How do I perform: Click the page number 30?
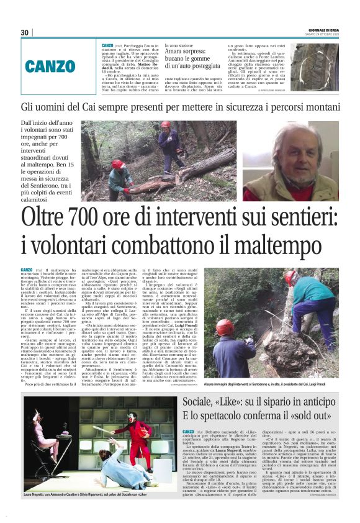(24, 33)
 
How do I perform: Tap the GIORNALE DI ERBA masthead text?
(323, 30)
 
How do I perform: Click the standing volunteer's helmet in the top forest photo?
(165, 125)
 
